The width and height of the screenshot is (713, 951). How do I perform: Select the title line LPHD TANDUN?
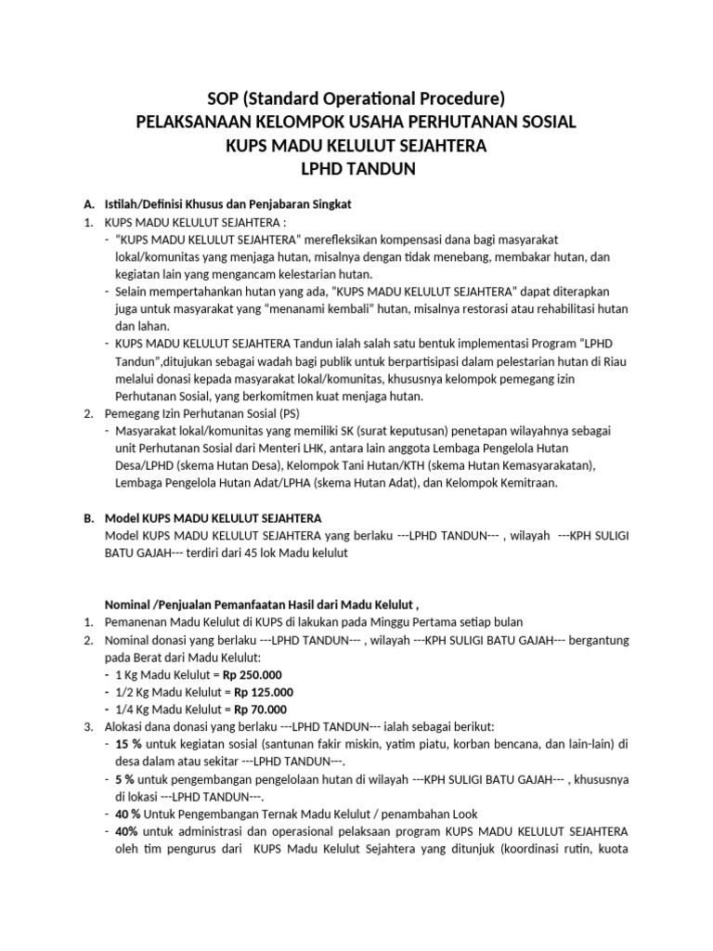(x=356, y=170)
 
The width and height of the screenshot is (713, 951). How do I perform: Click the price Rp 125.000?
(x=264, y=692)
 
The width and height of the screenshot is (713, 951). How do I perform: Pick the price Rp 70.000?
(x=260, y=709)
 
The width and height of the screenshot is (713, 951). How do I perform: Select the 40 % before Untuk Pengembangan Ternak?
(x=130, y=814)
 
